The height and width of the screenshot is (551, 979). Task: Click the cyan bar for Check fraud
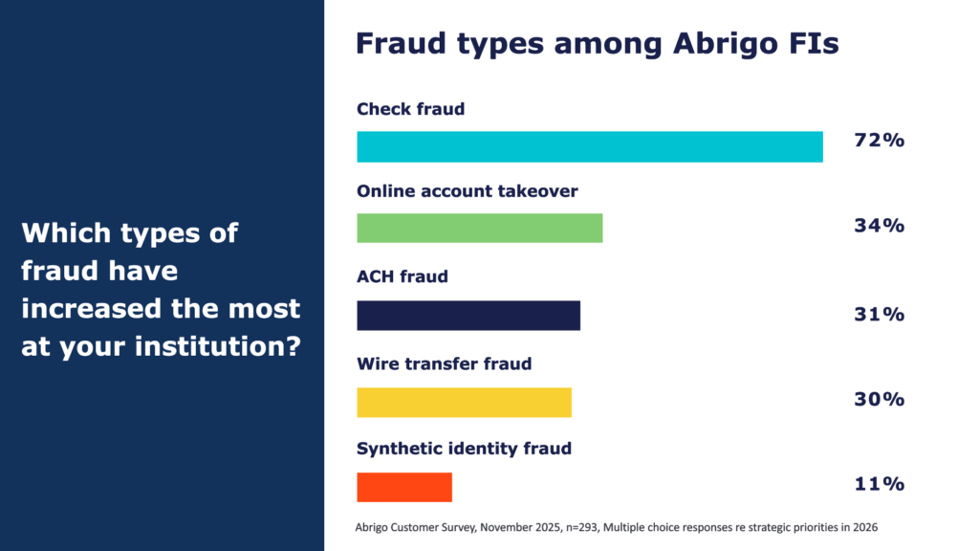click(590, 146)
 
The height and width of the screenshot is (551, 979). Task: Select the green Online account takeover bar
click(480, 228)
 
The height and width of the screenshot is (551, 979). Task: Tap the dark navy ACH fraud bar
click(468, 316)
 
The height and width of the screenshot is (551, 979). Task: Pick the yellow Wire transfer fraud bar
click(464, 403)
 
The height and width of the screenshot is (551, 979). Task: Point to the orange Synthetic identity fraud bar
click(404, 487)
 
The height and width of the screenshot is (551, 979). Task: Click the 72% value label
click(880, 140)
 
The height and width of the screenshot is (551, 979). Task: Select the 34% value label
click(880, 225)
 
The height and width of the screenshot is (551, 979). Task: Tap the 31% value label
click(880, 314)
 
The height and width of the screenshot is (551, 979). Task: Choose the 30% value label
click(880, 399)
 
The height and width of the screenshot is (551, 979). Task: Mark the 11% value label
click(880, 483)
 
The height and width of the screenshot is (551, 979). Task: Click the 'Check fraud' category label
click(411, 109)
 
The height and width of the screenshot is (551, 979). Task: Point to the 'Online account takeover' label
click(467, 190)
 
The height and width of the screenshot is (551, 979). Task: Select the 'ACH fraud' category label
click(402, 276)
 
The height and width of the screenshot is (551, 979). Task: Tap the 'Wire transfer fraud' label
click(444, 364)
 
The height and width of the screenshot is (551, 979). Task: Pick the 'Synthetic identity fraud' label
click(464, 449)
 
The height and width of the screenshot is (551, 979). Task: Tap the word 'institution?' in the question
click(218, 346)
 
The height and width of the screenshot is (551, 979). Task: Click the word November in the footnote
click(506, 527)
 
